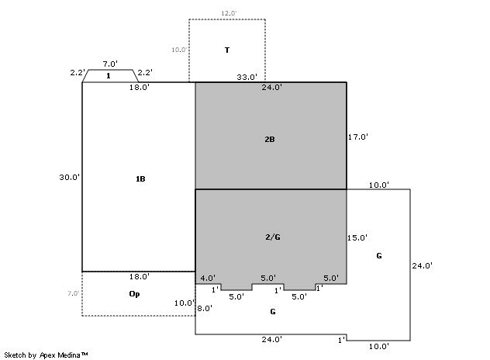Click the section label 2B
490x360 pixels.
270,140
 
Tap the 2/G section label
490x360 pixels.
273,237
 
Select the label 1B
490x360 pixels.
140,179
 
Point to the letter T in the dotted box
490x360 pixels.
227,50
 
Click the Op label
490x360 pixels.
134,294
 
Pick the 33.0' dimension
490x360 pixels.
247,77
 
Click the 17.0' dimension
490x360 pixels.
358,137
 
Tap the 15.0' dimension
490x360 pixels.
357,237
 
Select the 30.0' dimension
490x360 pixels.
69,178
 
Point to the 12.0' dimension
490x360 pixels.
229,13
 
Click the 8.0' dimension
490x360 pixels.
205,308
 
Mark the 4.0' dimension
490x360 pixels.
208,278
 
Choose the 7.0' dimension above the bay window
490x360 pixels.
110,64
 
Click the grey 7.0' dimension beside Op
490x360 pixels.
73,294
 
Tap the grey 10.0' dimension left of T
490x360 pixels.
179,50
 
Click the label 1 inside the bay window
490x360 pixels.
109,76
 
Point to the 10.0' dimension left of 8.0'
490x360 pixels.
185,303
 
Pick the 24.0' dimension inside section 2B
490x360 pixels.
272,87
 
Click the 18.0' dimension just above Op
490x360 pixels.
140,277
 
